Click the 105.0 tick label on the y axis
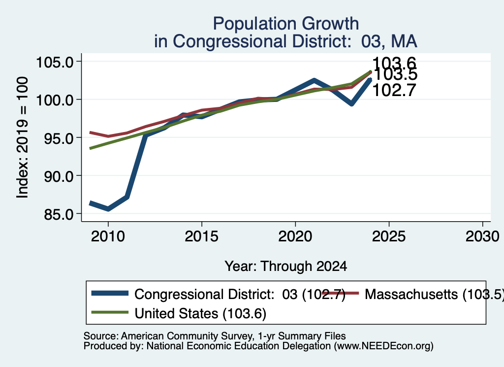tap(55, 62)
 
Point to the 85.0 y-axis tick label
tap(59, 214)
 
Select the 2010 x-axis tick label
tap(108, 237)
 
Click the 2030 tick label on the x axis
tap(482, 237)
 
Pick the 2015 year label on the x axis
tap(201, 237)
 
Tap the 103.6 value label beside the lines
tap(394, 64)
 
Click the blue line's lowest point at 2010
tap(108, 209)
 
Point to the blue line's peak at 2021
tap(314, 80)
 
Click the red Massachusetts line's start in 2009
tap(91, 132)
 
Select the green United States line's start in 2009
tap(91, 148)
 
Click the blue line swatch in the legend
tap(110, 293)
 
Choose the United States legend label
tap(200, 313)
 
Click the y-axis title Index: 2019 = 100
tap(23, 137)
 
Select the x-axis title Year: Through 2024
tap(286, 267)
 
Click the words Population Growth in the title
tap(286, 24)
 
